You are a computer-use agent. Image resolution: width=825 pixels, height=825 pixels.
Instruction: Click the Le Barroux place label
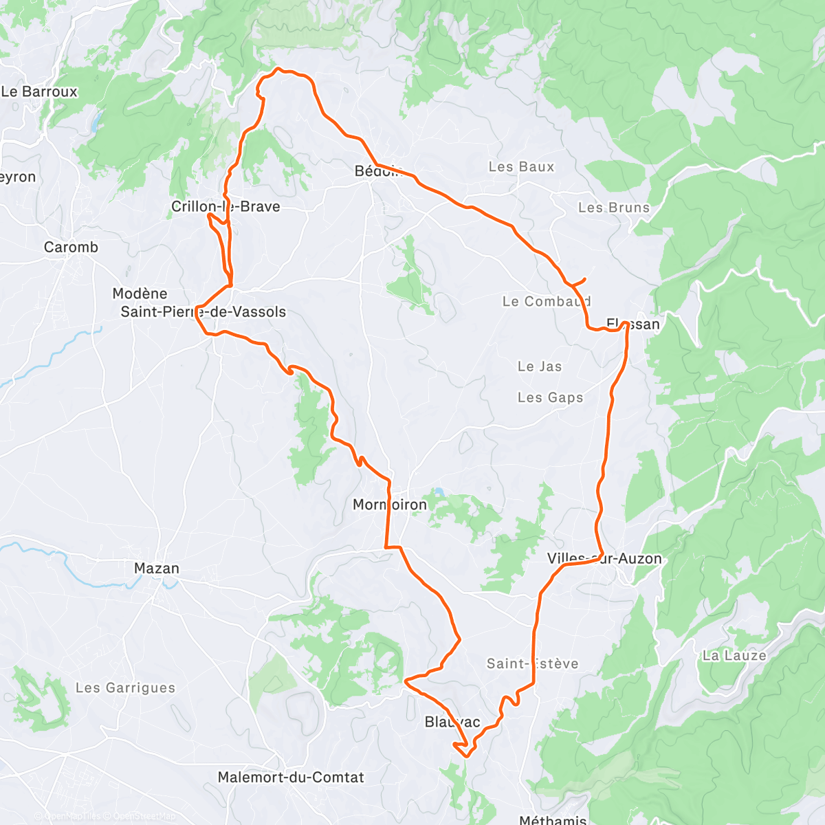tap(39, 91)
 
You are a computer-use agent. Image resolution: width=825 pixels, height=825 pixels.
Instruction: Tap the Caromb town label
tap(71, 247)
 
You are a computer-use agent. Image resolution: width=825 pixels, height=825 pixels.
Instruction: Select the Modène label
tap(140, 294)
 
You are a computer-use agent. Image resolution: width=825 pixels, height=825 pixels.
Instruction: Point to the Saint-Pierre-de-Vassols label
tap(203, 311)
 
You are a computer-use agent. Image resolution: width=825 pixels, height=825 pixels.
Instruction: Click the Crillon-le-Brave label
tap(225, 206)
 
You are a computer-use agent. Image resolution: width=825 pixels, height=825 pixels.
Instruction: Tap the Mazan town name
tap(157, 569)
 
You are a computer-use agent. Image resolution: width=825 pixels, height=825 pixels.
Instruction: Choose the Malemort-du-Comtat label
tap(291, 777)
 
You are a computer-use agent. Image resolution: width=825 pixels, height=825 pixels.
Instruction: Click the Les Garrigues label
tap(125, 687)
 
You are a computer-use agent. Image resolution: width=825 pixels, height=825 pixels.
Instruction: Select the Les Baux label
tap(521, 166)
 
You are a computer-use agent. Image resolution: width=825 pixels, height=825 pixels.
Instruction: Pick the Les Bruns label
tap(613, 207)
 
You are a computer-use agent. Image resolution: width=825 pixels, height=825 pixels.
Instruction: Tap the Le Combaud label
tap(547, 301)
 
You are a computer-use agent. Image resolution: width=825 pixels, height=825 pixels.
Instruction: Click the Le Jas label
tap(540, 366)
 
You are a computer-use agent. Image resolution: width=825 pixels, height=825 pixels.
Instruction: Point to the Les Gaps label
tap(550, 397)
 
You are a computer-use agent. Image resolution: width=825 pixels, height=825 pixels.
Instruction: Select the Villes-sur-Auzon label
tap(604, 558)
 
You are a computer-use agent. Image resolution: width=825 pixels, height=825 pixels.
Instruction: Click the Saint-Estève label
tap(532, 663)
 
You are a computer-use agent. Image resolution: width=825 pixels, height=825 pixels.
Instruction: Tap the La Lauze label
tap(734, 655)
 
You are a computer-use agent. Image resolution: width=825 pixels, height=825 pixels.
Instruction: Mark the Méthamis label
tap(553, 819)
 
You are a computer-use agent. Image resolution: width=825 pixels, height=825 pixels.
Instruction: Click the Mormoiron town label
tap(389, 505)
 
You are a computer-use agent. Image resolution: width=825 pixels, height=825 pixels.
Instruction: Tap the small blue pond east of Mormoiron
tap(437, 492)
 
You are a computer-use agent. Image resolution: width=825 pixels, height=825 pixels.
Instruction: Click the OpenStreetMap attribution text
tap(144, 816)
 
